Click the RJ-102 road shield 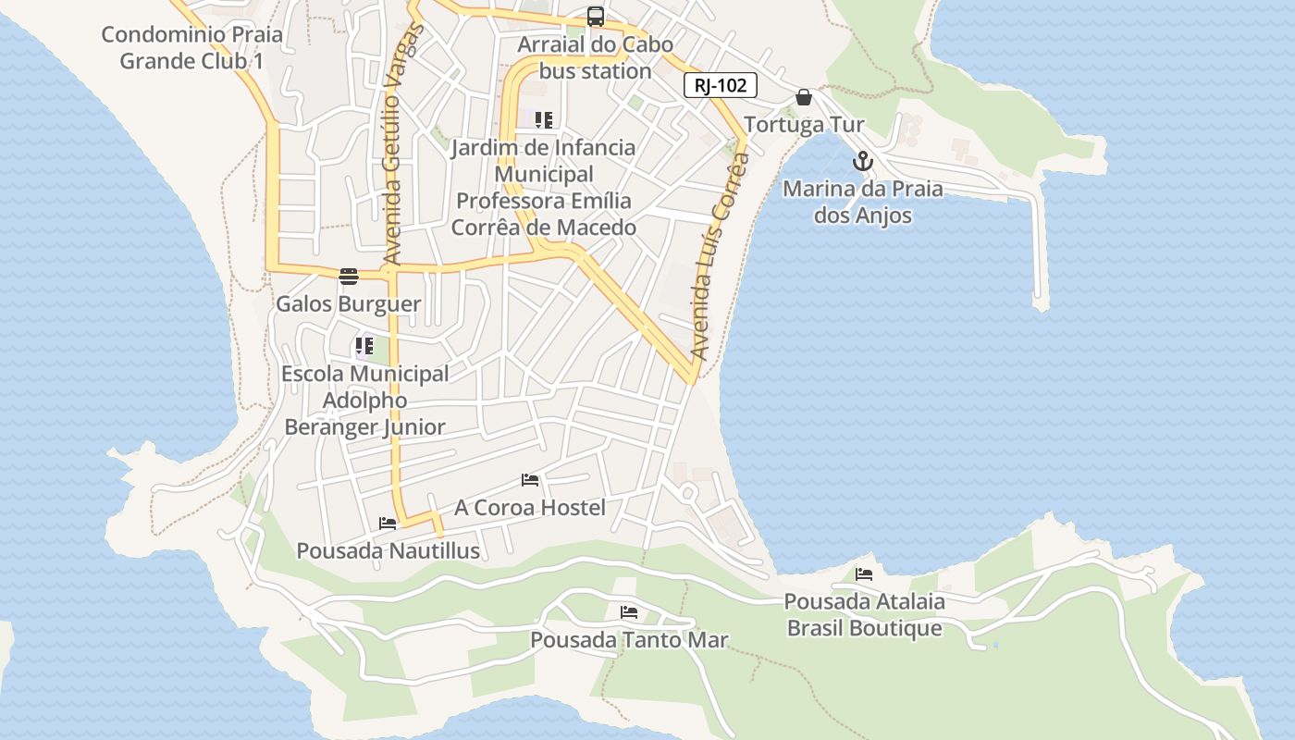click(x=721, y=86)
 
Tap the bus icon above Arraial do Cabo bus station click(x=596, y=16)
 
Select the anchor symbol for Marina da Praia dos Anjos click(x=862, y=161)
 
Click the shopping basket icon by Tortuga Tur click(x=804, y=97)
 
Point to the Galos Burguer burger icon click(x=349, y=276)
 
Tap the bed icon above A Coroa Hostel click(x=530, y=480)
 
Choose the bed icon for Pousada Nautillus click(x=388, y=524)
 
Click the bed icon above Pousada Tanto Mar click(x=629, y=612)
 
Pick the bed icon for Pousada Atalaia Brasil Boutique click(x=864, y=574)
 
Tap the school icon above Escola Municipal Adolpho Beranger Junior click(x=364, y=347)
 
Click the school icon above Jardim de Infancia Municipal click(x=544, y=120)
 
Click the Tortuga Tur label click(x=804, y=124)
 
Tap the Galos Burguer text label click(x=349, y=303)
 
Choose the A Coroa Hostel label click(x=530, y=508)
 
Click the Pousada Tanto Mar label click(x=629, y=639)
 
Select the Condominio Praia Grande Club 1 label click(x=191, y=48)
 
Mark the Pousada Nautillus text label click(x=388, y=550)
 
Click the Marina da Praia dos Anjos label click(x=863, y=202)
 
